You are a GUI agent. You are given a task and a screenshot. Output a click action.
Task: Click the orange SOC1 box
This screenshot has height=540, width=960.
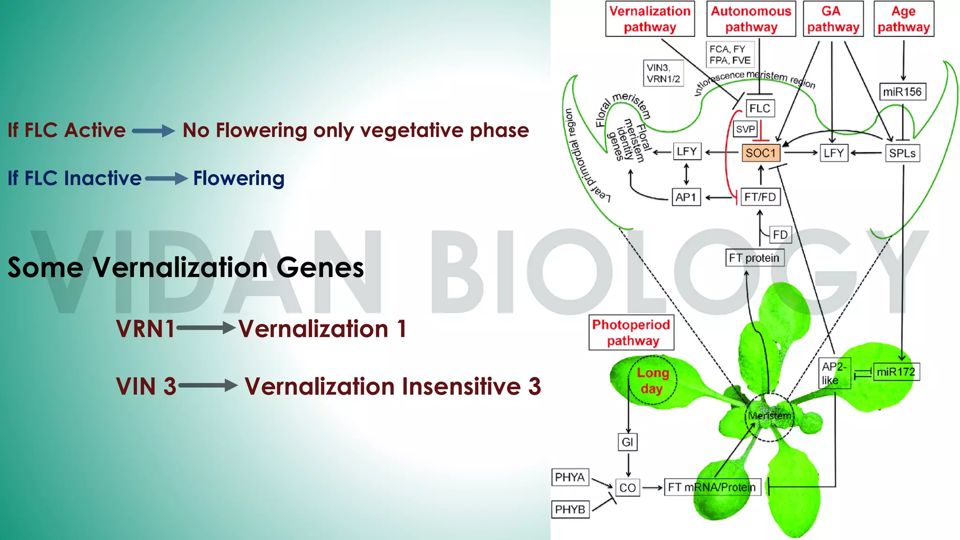click(760, 153)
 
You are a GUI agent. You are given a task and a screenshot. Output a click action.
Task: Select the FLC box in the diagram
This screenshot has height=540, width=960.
click(759, 108)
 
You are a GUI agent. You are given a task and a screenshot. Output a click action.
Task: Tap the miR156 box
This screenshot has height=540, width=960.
click(902, 92)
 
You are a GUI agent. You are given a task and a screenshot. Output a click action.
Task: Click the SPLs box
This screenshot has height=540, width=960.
click(902, 153)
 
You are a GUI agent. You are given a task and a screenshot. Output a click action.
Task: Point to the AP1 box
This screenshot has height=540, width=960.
click(686, 197)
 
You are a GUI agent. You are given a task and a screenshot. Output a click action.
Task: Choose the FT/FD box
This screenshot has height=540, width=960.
click(760, 197)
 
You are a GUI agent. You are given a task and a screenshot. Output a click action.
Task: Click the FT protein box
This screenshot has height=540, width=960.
click(754, 258)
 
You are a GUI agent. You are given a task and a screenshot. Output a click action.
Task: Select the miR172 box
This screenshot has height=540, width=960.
click(896, 372)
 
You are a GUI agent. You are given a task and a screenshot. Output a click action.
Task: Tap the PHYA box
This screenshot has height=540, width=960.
click(570, 477)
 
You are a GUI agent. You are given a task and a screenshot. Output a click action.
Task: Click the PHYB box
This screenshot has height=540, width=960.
click(570, 509)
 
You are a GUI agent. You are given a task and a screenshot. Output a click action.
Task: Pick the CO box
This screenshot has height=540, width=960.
click(628, 487)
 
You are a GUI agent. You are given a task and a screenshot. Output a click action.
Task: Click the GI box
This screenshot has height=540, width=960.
click(627, 442)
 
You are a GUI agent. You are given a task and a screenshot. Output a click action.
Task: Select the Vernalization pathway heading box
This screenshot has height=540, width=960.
click(650, 19)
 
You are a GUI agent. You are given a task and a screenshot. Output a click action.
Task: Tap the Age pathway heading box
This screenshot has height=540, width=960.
click(904, 19)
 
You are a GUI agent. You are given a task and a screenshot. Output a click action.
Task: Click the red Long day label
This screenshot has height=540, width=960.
click(652, 381)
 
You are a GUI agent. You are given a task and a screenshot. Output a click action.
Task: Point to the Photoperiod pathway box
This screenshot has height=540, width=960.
click(631, 332)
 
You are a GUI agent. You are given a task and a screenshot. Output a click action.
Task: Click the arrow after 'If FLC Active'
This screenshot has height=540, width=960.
click(153, 131)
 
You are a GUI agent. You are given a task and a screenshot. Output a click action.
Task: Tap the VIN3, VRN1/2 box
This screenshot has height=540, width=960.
click(663, 73)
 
